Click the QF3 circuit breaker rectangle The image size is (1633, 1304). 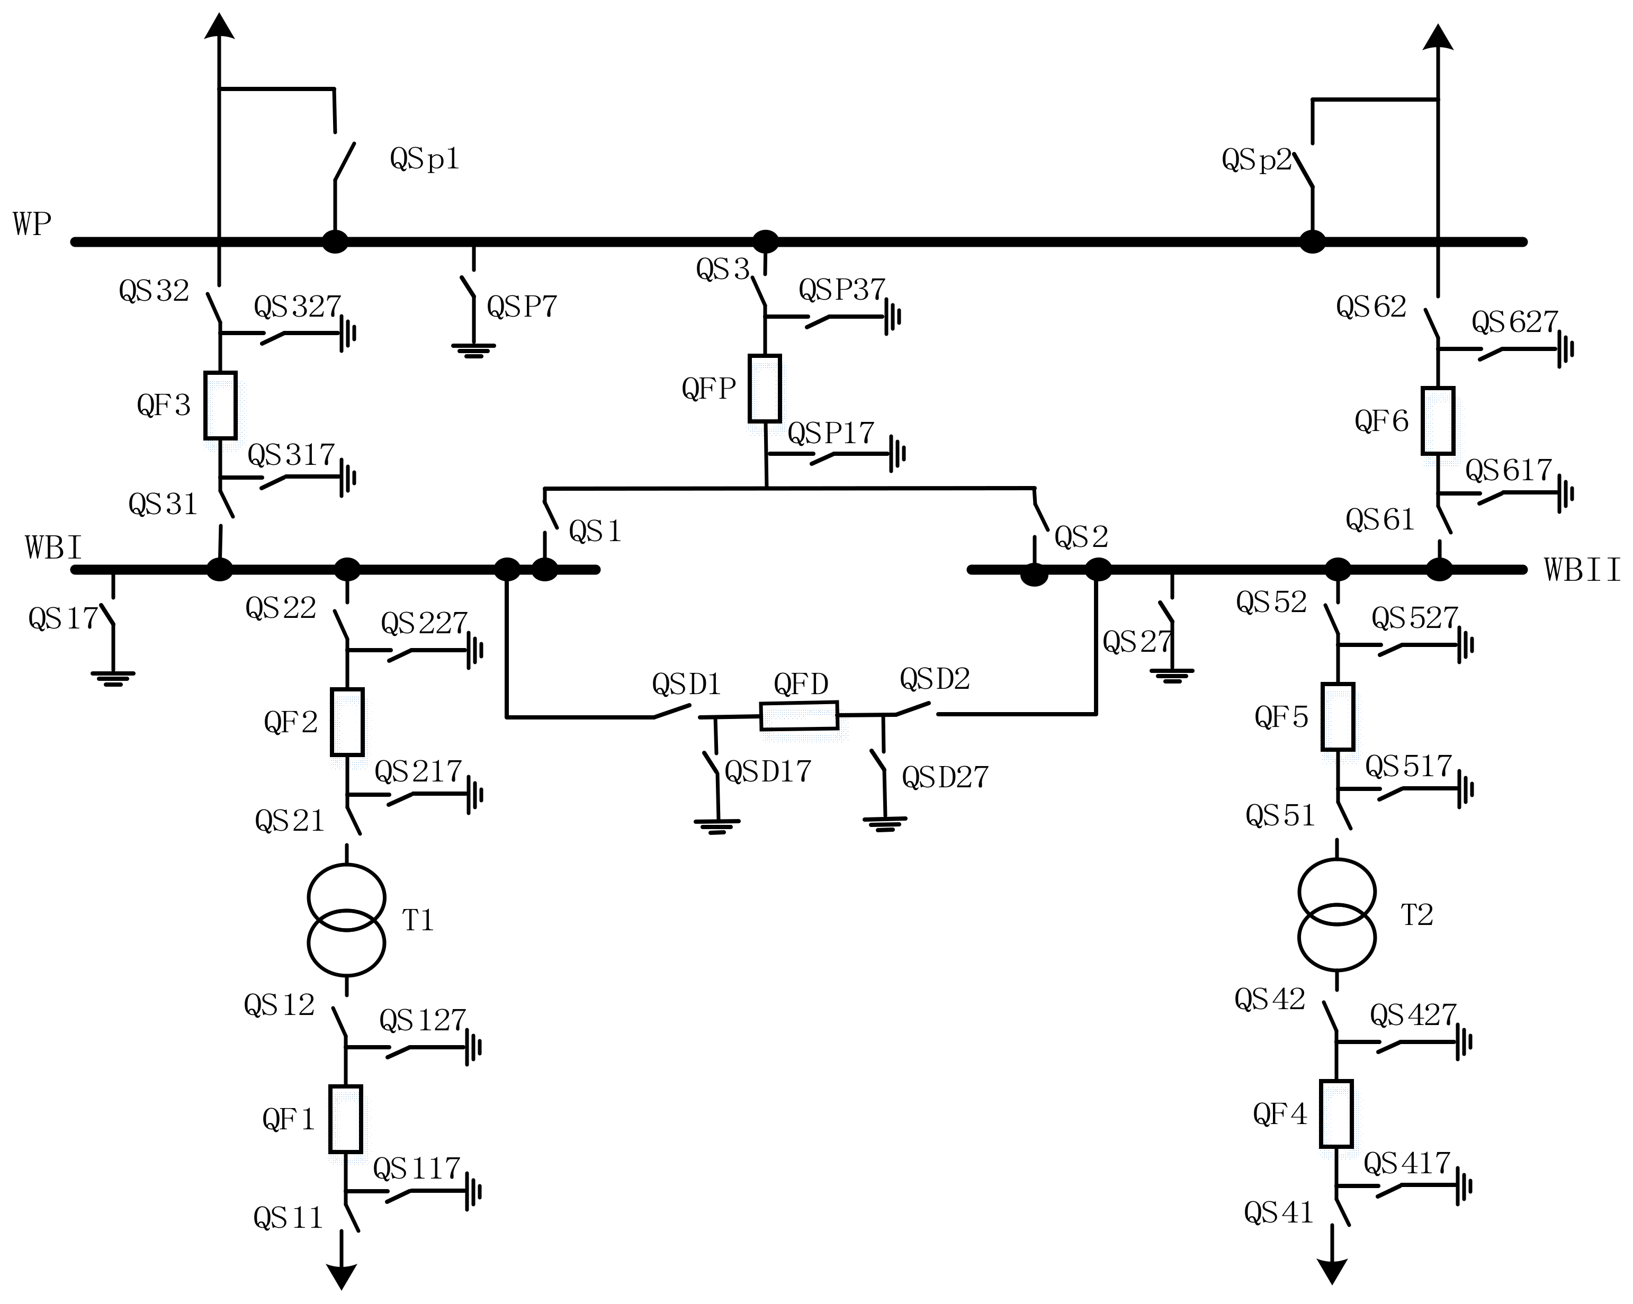pyautogui.click(x=220, y=405)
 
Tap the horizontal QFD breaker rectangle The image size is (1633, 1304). pyautogui.click(x=799, y=716)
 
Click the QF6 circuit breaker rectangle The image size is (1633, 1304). pyautogui.click(x=1438, y=421)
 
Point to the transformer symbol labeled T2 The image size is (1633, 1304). pyautogui.click(x=1337, y=915)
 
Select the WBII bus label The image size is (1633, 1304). pyautogui.click(x=1582, y=570)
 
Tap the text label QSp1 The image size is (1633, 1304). pyautogui.click(x=424, y=159)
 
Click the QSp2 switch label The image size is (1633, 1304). pyautogui.click(x=1256, y=160)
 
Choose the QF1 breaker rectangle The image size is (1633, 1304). pyautogui.click(x=345, y=1119)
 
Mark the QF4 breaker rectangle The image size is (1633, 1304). pyautogui.click(x=1336, y=1114)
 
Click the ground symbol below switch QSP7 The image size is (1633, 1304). pyautogui.click(x=473, y=350)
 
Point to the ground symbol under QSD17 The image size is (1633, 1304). pyautogui.click(x=716, y=825)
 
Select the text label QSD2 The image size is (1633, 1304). pyautogui.click(x=935, y=679)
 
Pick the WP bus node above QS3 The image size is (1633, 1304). pyautogui.click(x=765, y=241)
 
